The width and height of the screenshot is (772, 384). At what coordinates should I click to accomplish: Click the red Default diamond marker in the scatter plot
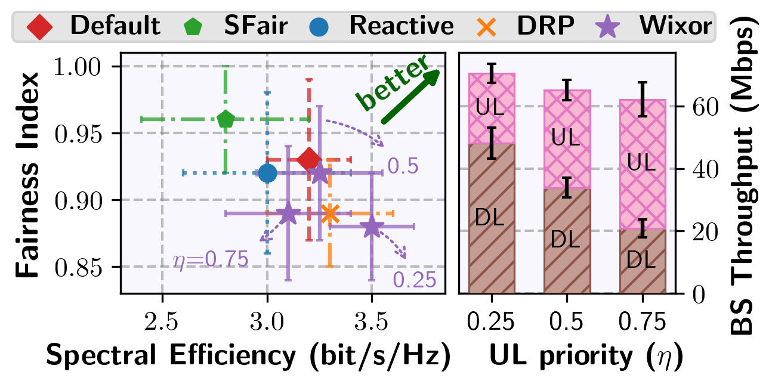[309, 159]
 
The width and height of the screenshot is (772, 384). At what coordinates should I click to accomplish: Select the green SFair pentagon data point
[226, 119]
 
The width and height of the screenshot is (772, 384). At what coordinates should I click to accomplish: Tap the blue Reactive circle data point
[267, 173]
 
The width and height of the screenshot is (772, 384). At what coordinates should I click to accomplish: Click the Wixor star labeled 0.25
[372, 227]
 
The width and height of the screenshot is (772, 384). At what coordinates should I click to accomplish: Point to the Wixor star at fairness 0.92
[320, 173]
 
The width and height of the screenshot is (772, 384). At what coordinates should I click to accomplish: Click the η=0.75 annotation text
[210, 260]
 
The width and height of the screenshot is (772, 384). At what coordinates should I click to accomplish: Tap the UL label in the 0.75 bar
[641, 162]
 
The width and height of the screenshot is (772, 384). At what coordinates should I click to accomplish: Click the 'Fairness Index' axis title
[29, 176]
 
